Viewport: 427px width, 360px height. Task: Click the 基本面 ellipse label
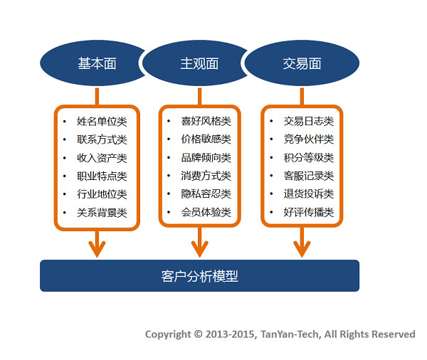97,63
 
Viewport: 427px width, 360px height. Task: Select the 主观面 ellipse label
199,63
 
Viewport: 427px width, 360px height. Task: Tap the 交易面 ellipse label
302,63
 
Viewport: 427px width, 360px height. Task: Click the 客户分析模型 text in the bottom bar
199,276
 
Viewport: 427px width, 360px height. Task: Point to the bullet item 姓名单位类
102,122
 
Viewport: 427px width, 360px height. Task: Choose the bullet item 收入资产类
102,158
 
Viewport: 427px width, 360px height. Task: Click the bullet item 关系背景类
102,213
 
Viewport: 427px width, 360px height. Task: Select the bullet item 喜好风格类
206,121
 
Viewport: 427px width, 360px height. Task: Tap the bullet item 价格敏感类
206,139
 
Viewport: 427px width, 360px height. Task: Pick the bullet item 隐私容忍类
206,194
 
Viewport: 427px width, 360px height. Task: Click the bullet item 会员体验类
206,212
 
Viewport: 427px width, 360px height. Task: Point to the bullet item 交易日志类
309,121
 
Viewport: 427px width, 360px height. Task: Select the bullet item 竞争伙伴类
309,139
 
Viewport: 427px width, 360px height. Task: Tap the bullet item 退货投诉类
309,194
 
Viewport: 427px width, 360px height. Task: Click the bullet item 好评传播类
309,212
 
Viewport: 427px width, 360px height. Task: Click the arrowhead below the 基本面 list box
97,249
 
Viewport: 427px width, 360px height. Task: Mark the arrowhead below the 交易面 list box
302,249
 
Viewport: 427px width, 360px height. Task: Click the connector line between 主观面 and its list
199,96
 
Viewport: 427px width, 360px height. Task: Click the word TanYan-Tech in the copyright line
289,334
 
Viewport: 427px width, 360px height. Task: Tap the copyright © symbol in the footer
199,334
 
